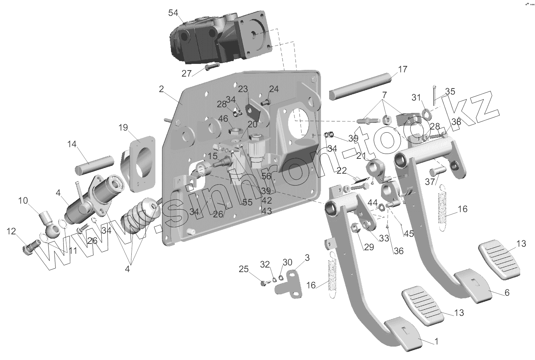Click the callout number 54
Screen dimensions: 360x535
[173, 13]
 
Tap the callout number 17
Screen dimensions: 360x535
[403, 69]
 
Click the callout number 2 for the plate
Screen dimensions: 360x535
[161, 89]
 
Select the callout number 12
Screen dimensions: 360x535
[11, 232]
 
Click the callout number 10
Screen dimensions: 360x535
[23, 201]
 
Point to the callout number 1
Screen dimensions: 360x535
[436, 341]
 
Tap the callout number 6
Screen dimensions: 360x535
[507, 292]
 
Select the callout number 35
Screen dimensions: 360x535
[450, 91]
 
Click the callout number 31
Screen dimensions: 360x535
[416, 97]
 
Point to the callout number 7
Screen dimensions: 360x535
[385, 95]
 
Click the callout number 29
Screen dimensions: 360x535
[369, 247]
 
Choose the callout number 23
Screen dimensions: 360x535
[243, 89]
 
